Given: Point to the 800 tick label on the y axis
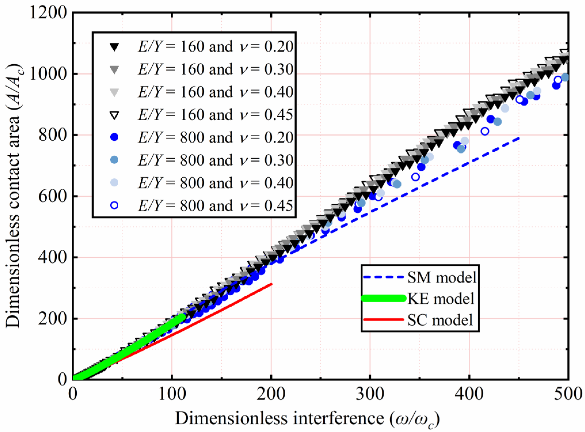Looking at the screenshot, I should (53, 135).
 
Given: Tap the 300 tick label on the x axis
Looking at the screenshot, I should (370, 394).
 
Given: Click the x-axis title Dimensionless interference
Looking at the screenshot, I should (307, 418).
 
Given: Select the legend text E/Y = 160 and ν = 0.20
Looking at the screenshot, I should (216, 47).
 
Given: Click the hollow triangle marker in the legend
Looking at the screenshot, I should (115, 115).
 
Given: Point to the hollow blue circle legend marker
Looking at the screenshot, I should (115, 205).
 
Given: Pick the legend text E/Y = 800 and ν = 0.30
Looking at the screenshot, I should (216, 160).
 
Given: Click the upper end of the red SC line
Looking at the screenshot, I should (271, 285).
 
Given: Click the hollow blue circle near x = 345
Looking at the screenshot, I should (415, 177).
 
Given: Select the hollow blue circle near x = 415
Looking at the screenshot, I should (485, 131).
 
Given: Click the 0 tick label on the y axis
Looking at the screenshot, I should (62, 380).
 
